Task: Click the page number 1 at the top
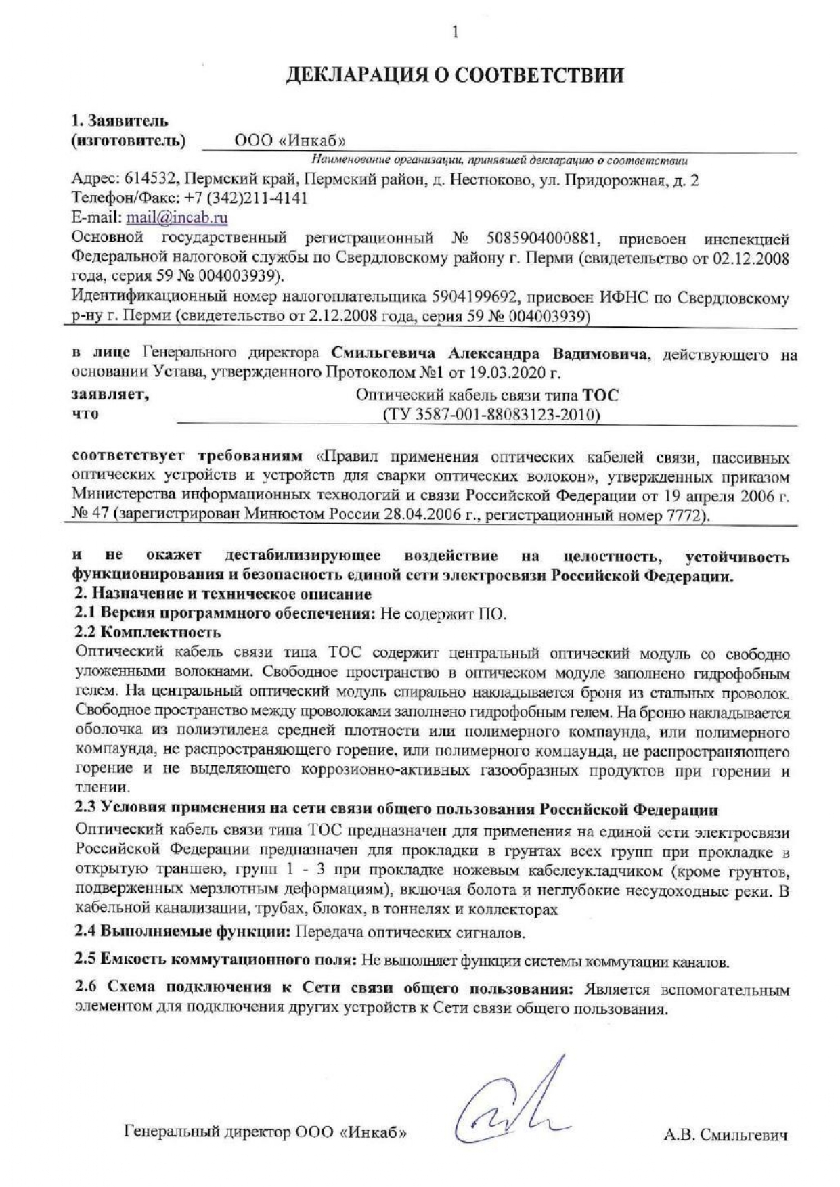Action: [455, 32]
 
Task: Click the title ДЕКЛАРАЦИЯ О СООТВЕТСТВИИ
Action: [454, 74]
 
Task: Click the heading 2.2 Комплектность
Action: [148, 633]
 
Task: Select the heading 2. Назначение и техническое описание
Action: [222, 594]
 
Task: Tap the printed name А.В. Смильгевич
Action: [726, 1135]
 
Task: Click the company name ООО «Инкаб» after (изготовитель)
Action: [290, 141]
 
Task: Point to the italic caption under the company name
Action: [500, 160]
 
